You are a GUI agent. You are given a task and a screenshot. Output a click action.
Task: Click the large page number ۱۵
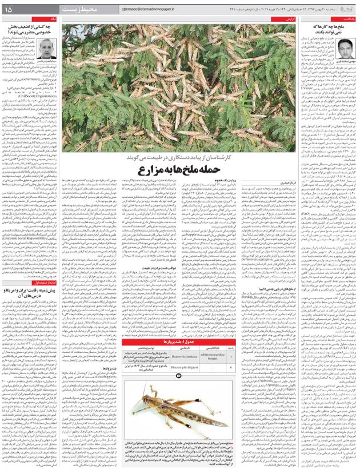point(12,10)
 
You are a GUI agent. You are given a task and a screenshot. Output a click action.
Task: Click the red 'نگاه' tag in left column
point(53,19)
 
